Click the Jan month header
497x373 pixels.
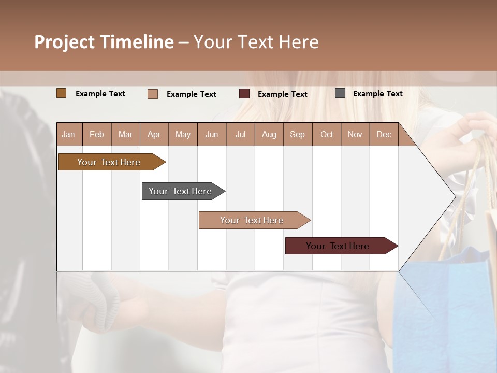coord(69,134)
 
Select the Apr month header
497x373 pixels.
coord(154,134)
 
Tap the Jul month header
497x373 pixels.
coord(240,134)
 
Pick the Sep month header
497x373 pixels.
coord(298,134)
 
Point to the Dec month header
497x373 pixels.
coord(384,134)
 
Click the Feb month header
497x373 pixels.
coord(97,134)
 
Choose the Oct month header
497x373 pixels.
coord(327,134)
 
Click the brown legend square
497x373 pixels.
coord(62,93)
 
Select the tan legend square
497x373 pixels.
coord(153,94)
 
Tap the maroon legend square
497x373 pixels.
coord(244,94)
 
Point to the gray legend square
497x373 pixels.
coord(340,93)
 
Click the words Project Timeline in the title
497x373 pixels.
coord(104,42)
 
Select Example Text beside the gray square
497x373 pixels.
coord(377,94)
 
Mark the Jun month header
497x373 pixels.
coord(212,134)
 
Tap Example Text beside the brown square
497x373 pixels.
coord(100,94)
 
